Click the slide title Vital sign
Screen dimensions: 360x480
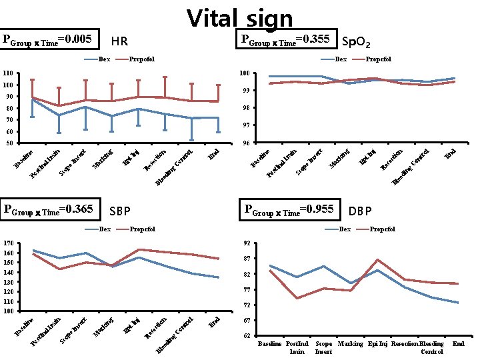pos(240,18)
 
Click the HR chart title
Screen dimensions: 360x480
pos(119,42)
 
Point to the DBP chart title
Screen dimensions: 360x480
pos(360,211)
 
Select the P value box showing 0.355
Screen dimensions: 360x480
pos(287,40)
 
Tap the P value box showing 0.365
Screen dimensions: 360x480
pos(51,209)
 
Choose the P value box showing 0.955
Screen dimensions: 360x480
pos(289,209)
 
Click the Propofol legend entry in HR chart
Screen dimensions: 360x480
pos(141,59)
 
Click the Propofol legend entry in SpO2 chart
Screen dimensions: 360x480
pos(377,59)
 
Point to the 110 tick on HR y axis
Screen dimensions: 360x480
pos(8,73)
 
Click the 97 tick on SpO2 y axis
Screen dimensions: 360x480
pos(246,125)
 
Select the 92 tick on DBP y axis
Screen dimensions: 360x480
pos(246,243)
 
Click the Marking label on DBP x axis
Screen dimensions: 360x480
pos(350,344)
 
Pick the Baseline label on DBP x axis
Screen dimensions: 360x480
pos(269,344)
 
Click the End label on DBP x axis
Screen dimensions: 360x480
pos(458,344)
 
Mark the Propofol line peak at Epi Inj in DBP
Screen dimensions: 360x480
pos(377,259)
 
